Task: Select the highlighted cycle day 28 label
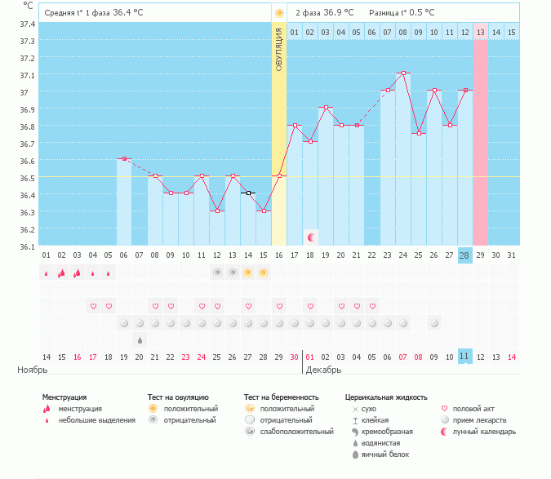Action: click(x=464, y=255)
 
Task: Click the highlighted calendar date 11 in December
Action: click(x=464, y=357)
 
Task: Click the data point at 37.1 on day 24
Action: click(x=403, y=73)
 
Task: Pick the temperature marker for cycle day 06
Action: click(x=124, y=159)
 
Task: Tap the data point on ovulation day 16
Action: click(x=279, y=176)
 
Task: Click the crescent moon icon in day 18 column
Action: click(x=310, y=237)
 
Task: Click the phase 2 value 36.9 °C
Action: click(x=337, y=12)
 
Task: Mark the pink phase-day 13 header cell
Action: click(x=480, y=32)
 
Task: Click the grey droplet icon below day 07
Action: click(x=140, y=340)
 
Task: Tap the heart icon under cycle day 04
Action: click(x=93, y=307)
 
